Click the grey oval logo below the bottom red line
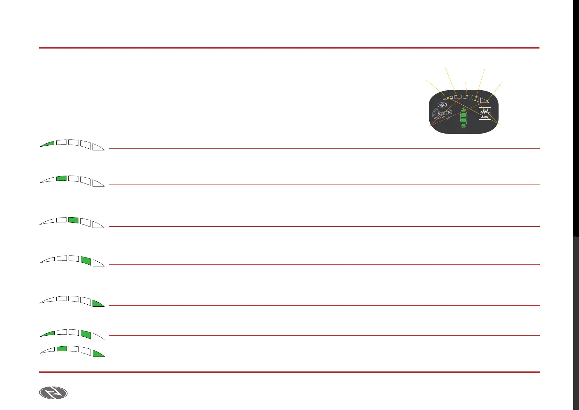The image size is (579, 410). pos(53,393)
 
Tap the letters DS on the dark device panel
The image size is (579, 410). pos(485,117)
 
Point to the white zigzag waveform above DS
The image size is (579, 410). pos(485,112)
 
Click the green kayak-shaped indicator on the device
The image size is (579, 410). pos(463,117)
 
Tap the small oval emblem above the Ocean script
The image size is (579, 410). pos(442,105)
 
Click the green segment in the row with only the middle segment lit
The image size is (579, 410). pos(74,220)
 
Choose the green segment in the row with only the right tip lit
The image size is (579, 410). pos(98,303)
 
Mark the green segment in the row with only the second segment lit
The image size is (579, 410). pos(61,178)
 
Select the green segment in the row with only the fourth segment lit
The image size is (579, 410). pos(86,260)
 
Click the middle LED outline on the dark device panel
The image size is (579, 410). pos(467,97)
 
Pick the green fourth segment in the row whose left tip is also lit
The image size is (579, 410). pos(86,334)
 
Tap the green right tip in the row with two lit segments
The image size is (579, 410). pos(98,354)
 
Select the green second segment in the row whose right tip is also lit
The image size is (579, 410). pos(62,349)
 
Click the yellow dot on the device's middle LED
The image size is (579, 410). pos(467,96)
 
